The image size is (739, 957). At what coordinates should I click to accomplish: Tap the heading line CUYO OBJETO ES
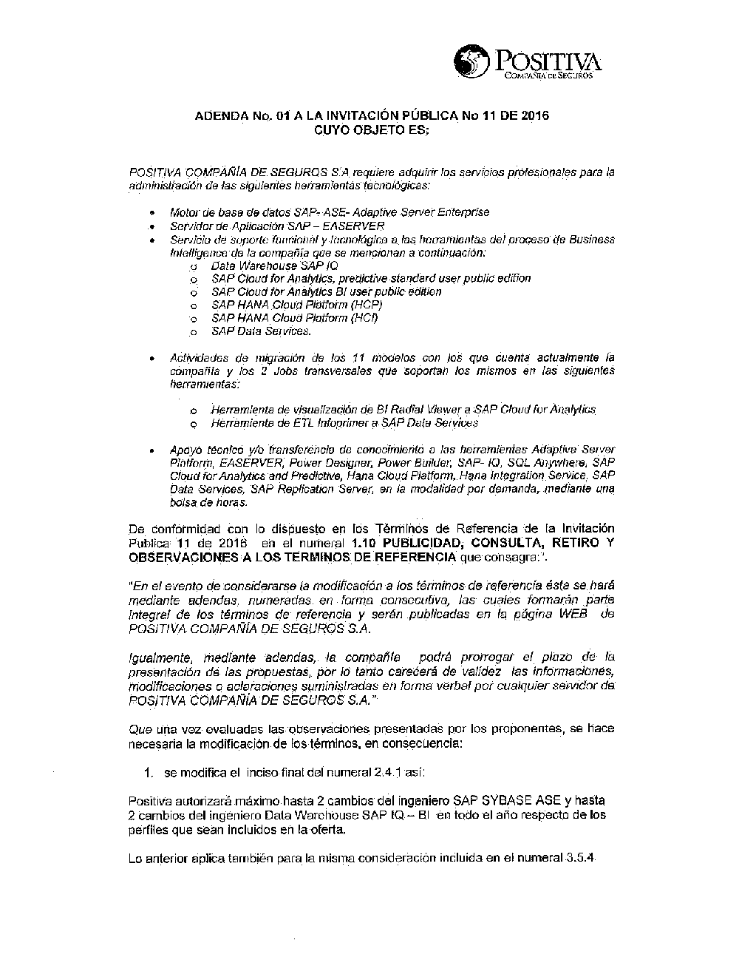pos(371,129)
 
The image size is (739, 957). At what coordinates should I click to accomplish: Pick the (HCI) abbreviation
pos(364,318)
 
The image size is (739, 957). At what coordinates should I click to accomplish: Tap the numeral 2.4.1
pos(385,773)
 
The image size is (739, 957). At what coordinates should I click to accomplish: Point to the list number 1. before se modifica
pos(149,773)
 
